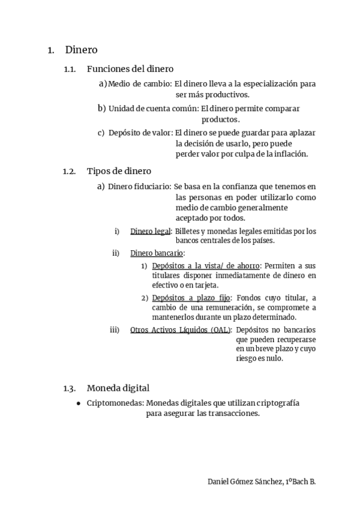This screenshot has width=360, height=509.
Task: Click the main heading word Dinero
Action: (x=81, y=50)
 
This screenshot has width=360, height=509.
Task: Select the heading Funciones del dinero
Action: (x=130, y=69)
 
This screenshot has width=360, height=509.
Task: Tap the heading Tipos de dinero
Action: (x=119, y=171)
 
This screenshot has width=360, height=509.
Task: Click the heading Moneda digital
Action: (x=118, y=388)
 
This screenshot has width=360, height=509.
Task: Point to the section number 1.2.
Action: (x=70, y=172)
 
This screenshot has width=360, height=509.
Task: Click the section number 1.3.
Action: (x=70, y=388)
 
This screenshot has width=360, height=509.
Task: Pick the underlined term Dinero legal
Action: (x=150, y=231)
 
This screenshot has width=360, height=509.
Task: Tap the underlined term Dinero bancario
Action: (x=157, y=253)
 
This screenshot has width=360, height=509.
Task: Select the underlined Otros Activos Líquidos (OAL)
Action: (x=180, y=330)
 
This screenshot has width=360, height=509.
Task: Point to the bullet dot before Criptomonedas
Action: (x=79, y=404)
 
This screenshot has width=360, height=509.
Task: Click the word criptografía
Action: (x=277, y=403)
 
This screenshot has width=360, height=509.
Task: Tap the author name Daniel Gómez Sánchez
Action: (x=245, y=482)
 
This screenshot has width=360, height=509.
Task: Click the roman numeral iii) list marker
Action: (x=115, y=330)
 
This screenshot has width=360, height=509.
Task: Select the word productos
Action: (x=220, y=119)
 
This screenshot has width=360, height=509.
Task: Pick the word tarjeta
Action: (x=205, y=285)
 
